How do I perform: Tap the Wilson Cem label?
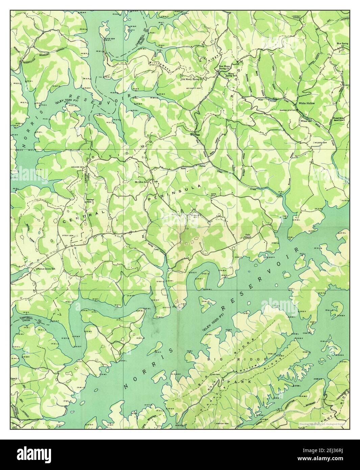tap(321, 143)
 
